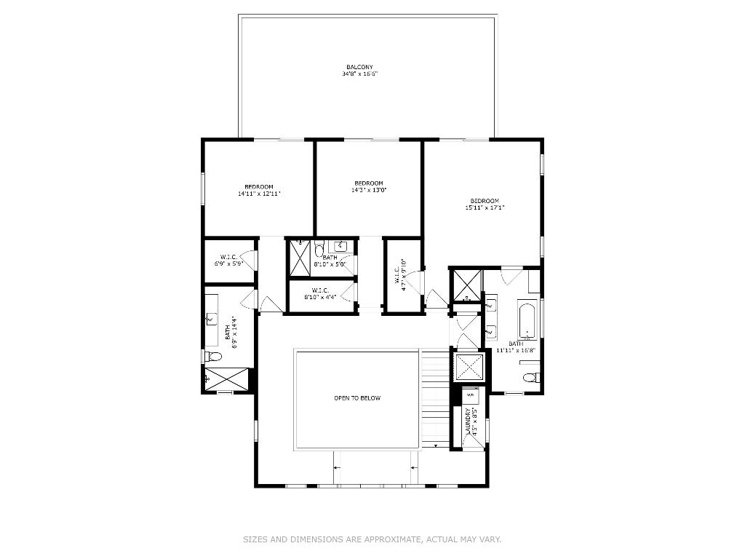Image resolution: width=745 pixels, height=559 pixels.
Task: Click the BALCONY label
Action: click(359, 67)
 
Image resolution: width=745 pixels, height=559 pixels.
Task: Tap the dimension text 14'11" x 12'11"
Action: click(259, 194)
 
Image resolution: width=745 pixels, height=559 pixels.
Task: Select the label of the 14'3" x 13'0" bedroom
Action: click(368, 183)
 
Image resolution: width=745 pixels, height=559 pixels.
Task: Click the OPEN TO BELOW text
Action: click(357, 398)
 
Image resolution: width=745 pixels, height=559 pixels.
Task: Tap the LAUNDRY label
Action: click(469, 422)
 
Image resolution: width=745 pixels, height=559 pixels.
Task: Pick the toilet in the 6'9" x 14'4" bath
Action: click(212, 356)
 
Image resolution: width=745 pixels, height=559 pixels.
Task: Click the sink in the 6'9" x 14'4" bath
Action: click(211, 318)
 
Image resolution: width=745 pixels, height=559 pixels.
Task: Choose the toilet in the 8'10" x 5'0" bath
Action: click(319, 251)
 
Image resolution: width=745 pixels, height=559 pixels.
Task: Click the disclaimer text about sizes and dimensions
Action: click(372, 539)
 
